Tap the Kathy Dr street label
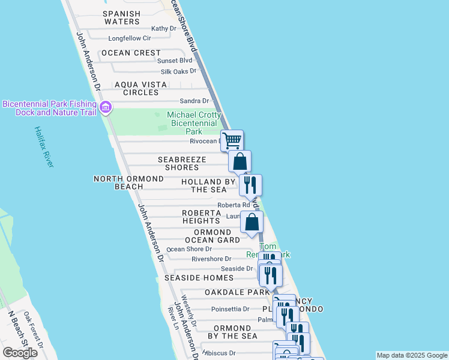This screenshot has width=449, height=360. (x=164, y=28)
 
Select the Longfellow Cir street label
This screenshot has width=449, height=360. (x=130, y=38)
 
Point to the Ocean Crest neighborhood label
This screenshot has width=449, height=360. (x=131, y=53)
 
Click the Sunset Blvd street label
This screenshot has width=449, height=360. (x=175, y=61)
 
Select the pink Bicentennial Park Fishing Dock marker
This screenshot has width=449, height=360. (x=106, y=108)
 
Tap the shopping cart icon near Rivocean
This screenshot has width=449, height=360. (x=232, y=141)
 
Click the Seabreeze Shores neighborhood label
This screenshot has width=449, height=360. (x=182, y=163)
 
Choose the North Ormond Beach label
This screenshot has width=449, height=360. (x=128, y=182)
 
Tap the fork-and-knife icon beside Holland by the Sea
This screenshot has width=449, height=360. (x=250, y=184)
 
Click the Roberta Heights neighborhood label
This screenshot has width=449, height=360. (x=202, y=217)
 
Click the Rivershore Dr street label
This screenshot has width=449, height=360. (x=211, y=259)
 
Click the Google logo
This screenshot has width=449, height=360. (x=20, y=353)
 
